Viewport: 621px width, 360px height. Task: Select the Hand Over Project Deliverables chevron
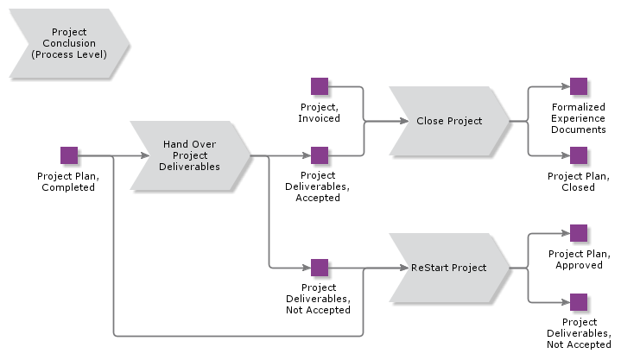190,155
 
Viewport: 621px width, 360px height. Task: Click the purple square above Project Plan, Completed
69,155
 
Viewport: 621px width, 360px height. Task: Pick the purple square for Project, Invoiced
320,86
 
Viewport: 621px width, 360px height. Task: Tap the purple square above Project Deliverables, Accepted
320,155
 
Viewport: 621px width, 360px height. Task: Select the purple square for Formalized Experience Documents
579,86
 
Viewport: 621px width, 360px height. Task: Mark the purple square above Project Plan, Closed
579,155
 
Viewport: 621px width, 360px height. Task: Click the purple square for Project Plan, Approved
579,233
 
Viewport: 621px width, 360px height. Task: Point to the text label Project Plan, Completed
67,181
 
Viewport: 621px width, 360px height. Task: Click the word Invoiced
320,118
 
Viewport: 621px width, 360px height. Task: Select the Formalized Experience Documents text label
579,118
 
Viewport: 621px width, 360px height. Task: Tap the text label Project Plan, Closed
579,181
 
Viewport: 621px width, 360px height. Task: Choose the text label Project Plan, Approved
579,260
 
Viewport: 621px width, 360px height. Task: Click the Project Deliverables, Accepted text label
320,186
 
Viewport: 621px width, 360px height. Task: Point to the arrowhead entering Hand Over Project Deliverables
144,156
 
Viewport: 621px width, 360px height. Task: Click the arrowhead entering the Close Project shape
403,122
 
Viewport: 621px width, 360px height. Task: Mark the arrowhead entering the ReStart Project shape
403,268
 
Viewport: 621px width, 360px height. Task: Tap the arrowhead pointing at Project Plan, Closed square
565,156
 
